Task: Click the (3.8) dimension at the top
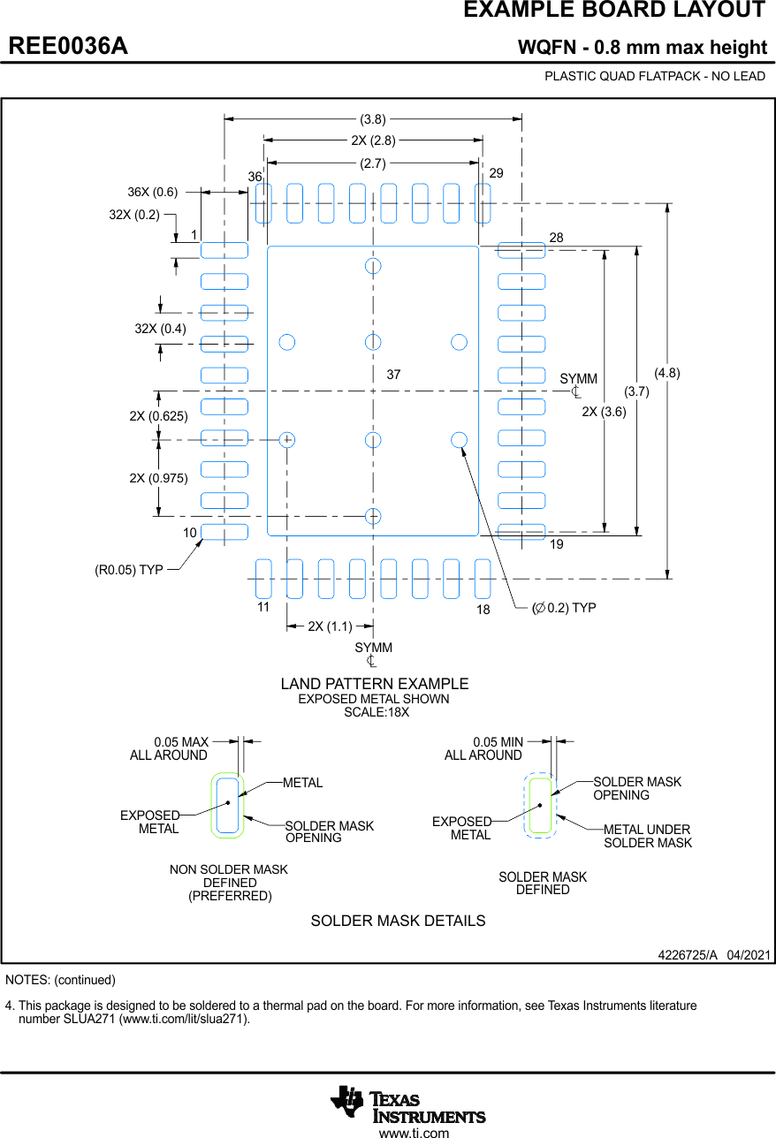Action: click(373, 118)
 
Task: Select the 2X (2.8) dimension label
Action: click(373, 140)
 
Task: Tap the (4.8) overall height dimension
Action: click(667, 373)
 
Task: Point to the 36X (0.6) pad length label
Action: click(152, 192)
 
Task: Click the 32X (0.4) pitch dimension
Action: click(160, 329)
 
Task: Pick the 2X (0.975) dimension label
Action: click(158, 478)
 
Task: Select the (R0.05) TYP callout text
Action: click(129, 570)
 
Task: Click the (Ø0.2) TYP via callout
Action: click(563, 608)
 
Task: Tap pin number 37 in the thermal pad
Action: click(393, 375)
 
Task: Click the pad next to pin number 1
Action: click(224, 250)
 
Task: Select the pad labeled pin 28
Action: click(521, 250)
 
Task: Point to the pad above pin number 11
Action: click(263, 578)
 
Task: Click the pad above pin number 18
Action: click(483, 578)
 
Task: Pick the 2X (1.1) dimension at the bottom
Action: click(330, 626)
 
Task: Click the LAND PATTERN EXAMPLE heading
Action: click(375, 684)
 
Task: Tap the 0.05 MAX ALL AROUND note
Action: click(169, 748)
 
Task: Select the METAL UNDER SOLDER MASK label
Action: click(647, 836)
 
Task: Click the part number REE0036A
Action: click(68, 46)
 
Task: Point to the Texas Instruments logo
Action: click(408, 1104)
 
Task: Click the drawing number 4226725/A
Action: click(688, 955)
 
